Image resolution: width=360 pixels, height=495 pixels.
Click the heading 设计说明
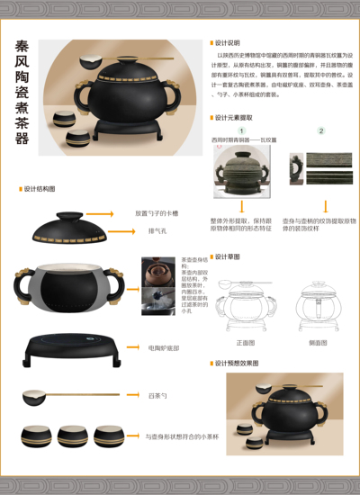point(228,42)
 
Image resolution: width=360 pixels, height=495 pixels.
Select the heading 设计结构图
point(39,189)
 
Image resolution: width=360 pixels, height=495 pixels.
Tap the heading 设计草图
point(228,256)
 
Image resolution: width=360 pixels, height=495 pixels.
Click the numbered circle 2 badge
point(321,130)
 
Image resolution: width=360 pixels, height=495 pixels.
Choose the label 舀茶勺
point(157,394)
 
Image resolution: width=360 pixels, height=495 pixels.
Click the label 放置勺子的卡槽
point(157,213)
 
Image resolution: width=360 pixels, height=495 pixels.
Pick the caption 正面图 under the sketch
point(245,343)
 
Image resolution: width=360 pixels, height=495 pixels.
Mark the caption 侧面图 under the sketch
point(319,343)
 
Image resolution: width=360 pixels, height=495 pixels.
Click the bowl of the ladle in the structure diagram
point(34,395)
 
